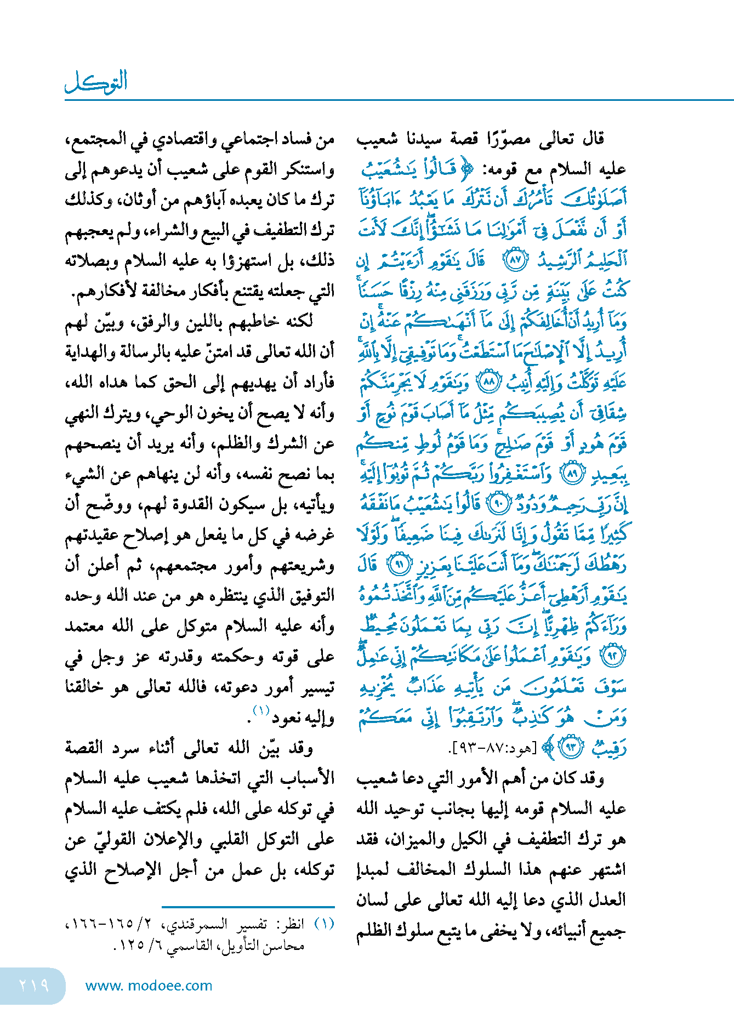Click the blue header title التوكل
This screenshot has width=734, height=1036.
click(x=96, y=82)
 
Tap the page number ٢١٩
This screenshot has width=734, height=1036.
click(x=33, y=986)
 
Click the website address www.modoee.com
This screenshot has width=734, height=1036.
click(x=149, y=986)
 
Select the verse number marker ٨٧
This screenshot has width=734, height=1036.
click(x=515, y=260)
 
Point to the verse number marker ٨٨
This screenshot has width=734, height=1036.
click(x=488, y=382)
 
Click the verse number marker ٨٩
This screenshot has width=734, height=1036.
click(x=573, y=474)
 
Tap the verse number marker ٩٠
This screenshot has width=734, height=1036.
click(x=498, y=504)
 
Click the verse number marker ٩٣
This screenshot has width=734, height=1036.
click(x=571, y=747)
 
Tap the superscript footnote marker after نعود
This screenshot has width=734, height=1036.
click(x=261, y=711)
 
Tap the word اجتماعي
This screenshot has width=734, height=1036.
click(x=246, y=139)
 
